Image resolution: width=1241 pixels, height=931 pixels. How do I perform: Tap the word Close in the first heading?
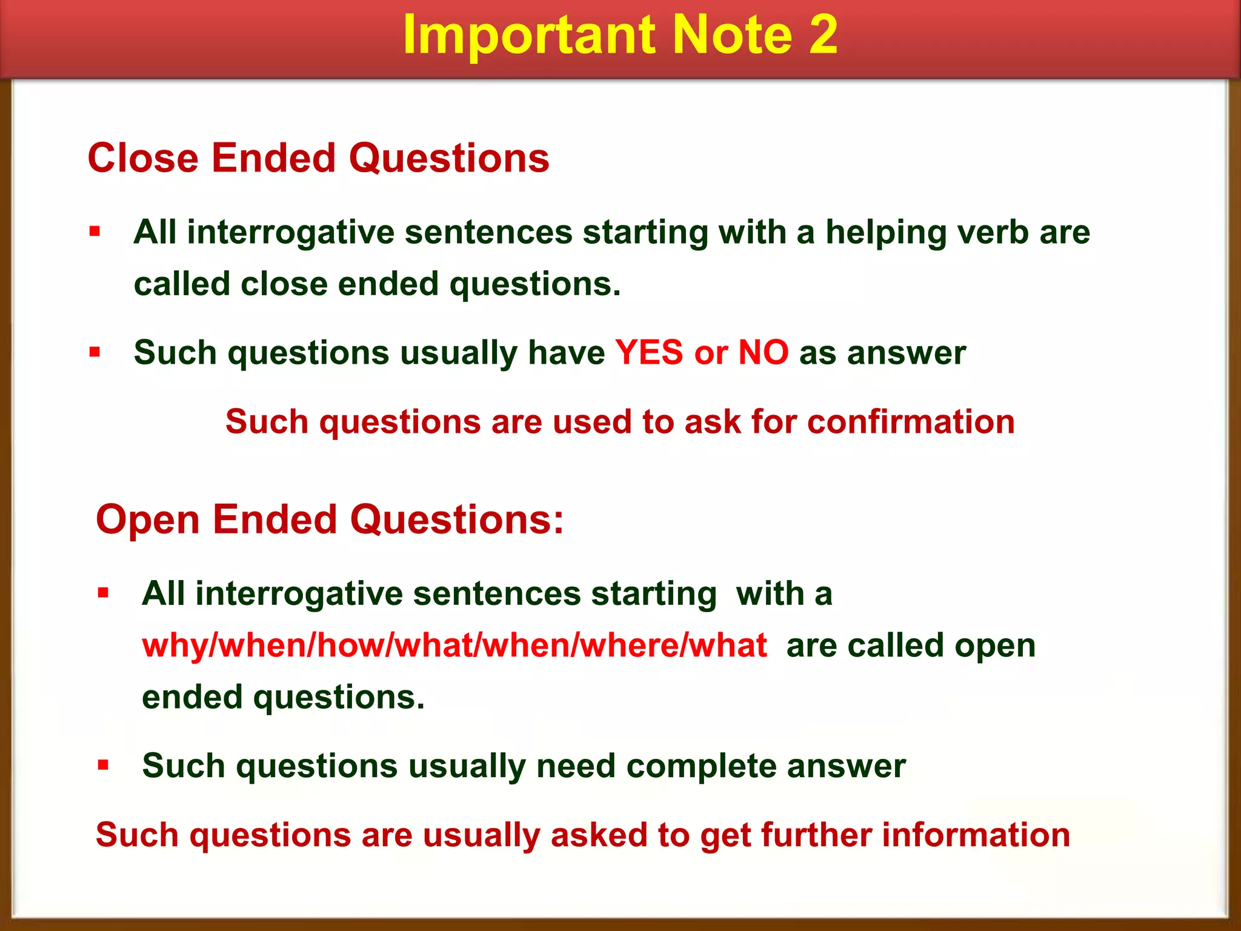pyautogui.click(x=143, y=158)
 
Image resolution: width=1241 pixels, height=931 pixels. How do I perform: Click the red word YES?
pyautogui.click(x=649, y=353)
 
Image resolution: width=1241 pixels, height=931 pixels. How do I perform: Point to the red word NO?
pyautogui.click(x=764, y=353)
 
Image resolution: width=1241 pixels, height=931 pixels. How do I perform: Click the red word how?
pyautogui.click(x=355, y=645)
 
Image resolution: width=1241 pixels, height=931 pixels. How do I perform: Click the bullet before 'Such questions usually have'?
pyautogui.click(x=95, y=352)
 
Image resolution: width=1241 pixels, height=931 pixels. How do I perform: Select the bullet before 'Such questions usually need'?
pyautogui.click(x=103, y=765)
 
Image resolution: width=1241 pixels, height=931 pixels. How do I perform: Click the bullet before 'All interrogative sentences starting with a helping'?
pyautogui.click(x=95, y=231)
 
